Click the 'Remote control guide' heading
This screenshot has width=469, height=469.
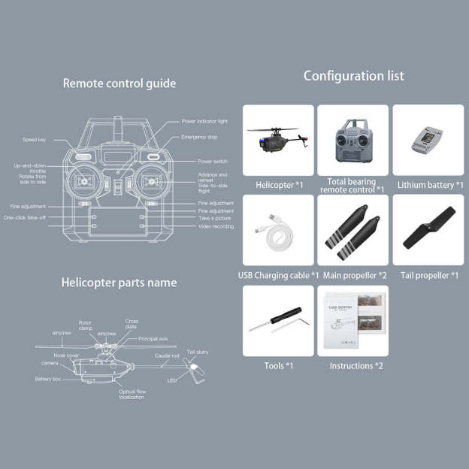point(119,83)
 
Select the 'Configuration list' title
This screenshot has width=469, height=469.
point(353,76)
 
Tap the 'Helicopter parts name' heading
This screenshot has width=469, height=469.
point(119,283)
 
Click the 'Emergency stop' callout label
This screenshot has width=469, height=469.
point(199,138)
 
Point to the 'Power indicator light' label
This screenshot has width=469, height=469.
point(204,121)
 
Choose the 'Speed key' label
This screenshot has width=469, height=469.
point(35,140)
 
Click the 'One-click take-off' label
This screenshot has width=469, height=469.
point(25,217)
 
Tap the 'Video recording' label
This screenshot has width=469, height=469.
point(216,226)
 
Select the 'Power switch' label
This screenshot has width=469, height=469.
point(213,162)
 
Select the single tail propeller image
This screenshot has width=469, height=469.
point(427,228)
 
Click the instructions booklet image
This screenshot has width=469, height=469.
point(353,320)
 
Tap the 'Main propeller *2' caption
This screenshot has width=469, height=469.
point(353,276)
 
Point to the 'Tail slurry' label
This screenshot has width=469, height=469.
point(198,352)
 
